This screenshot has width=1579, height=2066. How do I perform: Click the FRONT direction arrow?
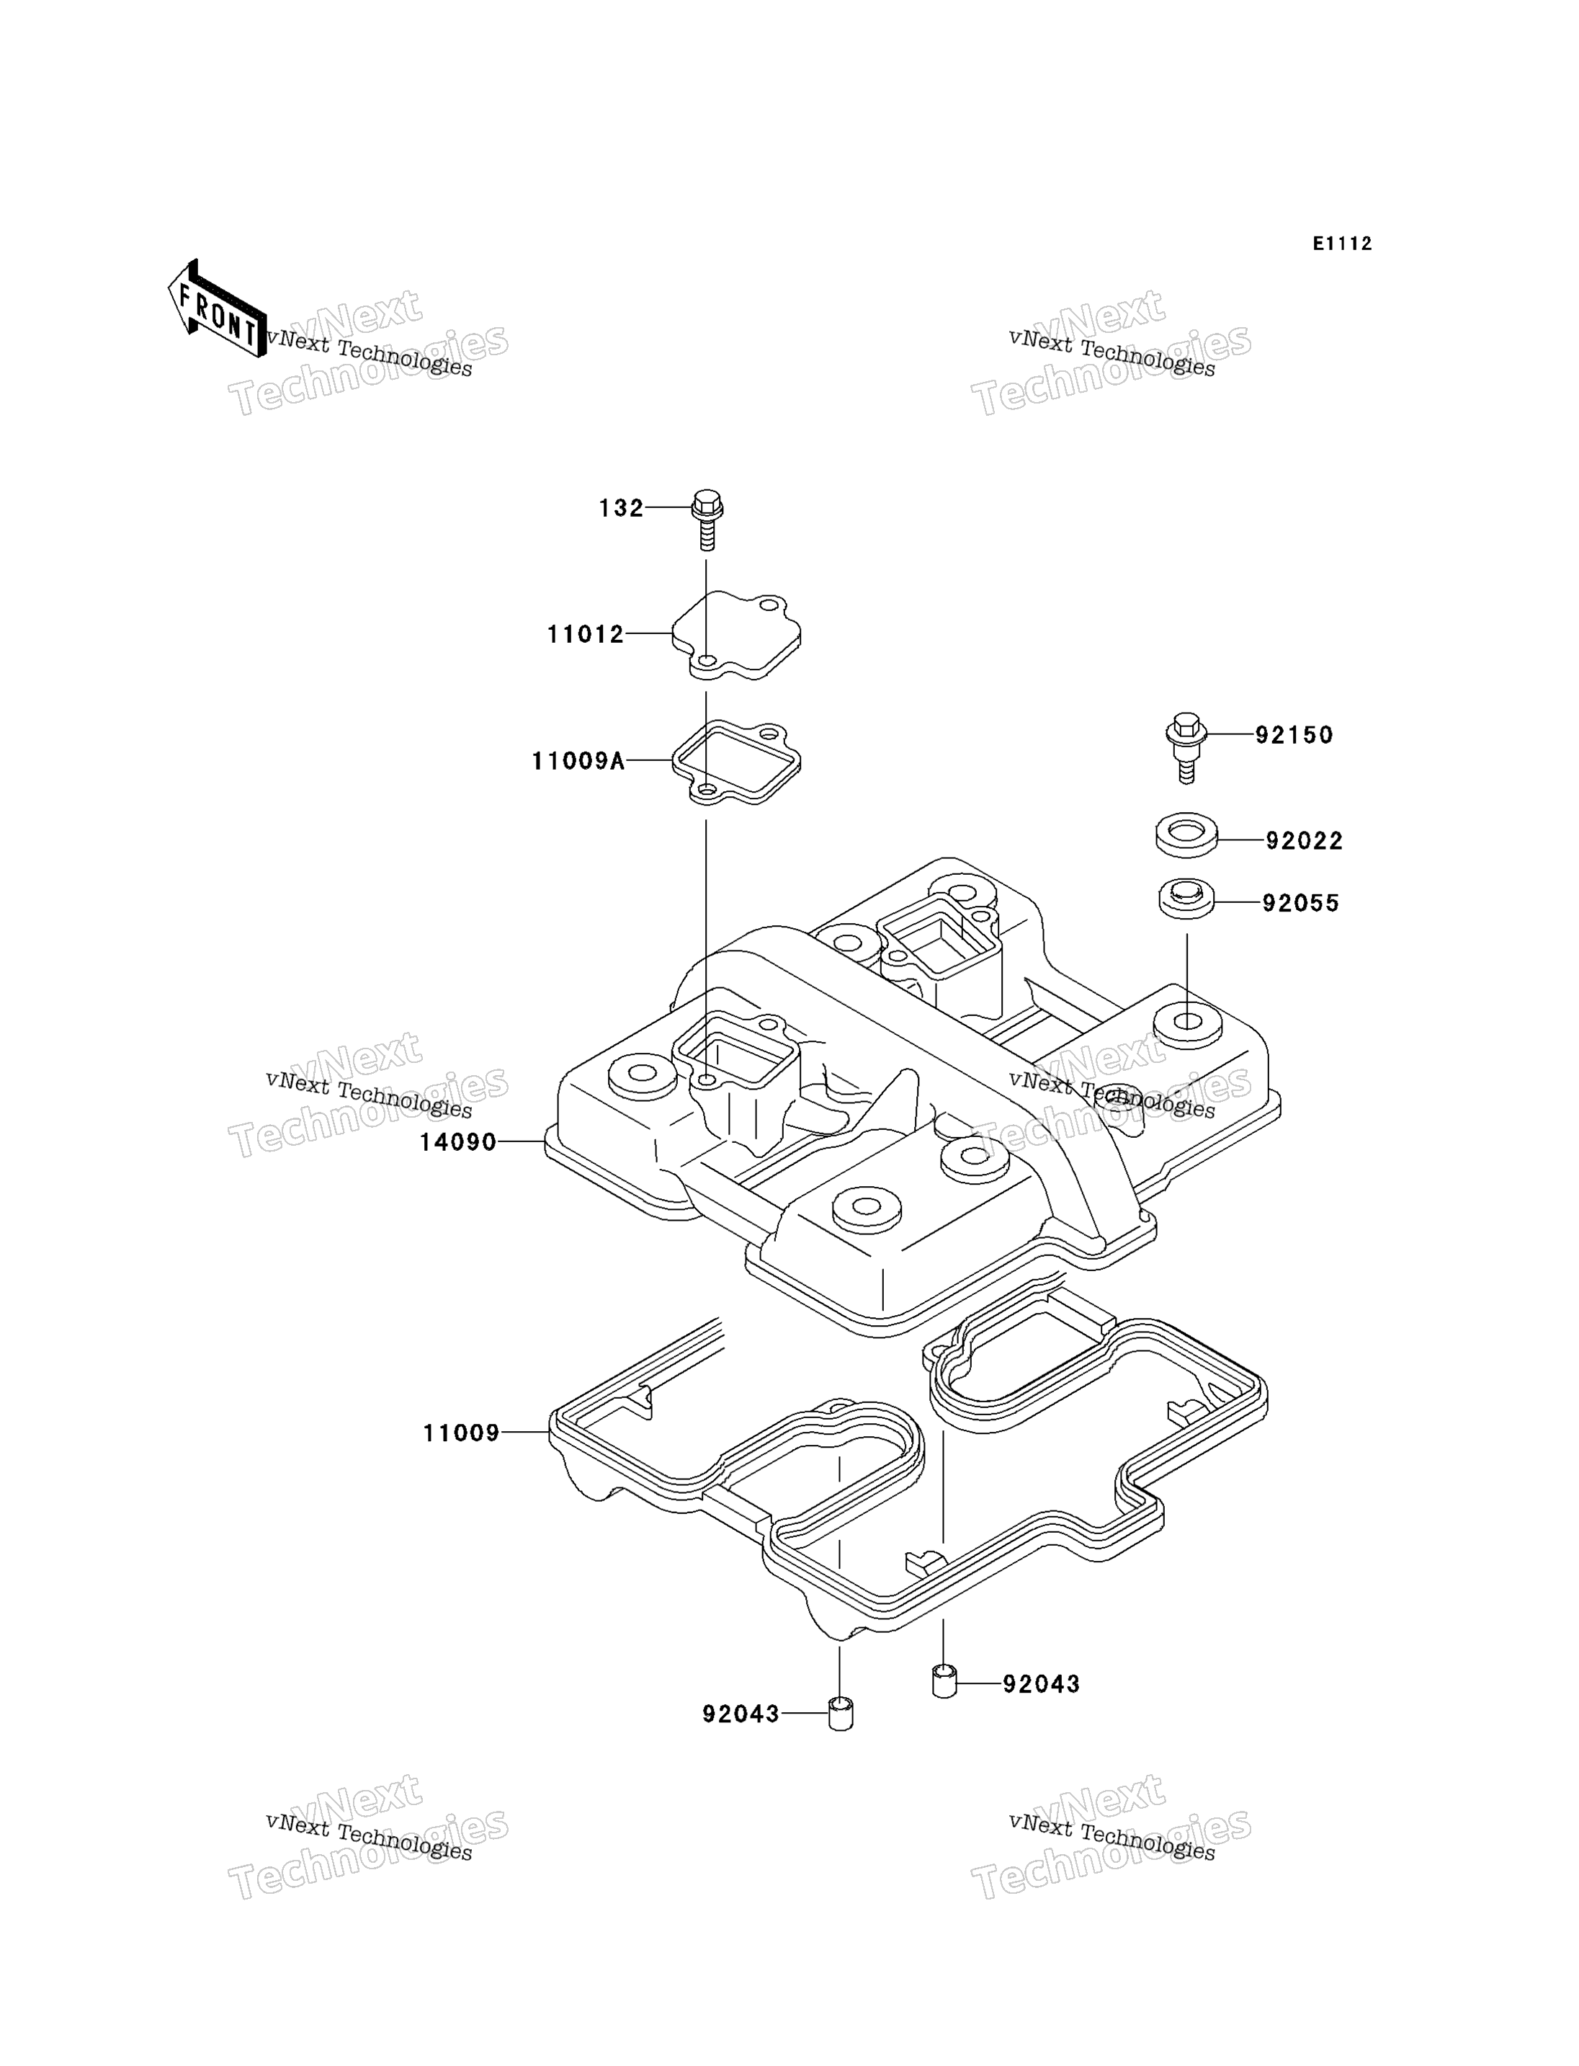217,309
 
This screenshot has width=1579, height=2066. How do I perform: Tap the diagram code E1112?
1342,244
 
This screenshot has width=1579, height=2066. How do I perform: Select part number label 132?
621,509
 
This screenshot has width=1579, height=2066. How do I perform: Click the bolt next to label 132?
707,519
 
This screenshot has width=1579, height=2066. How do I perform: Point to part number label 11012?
586,635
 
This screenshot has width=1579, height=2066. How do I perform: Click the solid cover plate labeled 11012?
736,635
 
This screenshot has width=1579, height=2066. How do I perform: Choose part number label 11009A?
578,761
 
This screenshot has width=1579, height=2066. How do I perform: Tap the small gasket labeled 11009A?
736,762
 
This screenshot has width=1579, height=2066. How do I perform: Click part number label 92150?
1294,735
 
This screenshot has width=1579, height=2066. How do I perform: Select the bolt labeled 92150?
1186,749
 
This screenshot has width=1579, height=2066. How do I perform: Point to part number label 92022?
1305,841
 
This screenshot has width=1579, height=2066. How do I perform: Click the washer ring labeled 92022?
1186,835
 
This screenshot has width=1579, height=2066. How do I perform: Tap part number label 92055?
1301,904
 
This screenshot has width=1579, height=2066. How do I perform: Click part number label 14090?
457,1143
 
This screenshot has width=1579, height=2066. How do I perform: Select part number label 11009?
462,1433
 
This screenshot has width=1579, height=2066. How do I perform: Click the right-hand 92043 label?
1042,1684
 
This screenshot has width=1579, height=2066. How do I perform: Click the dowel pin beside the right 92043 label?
944,1680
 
